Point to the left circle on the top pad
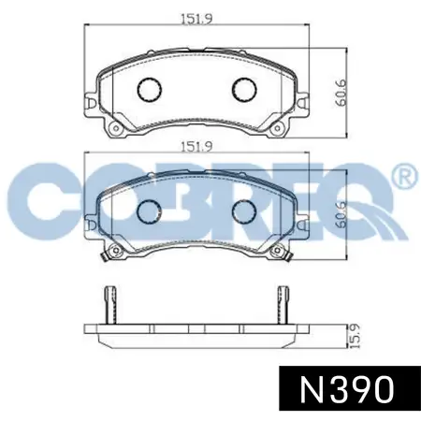point(150,89)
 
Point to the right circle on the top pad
point(243,89)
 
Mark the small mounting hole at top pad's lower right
point(278,128)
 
